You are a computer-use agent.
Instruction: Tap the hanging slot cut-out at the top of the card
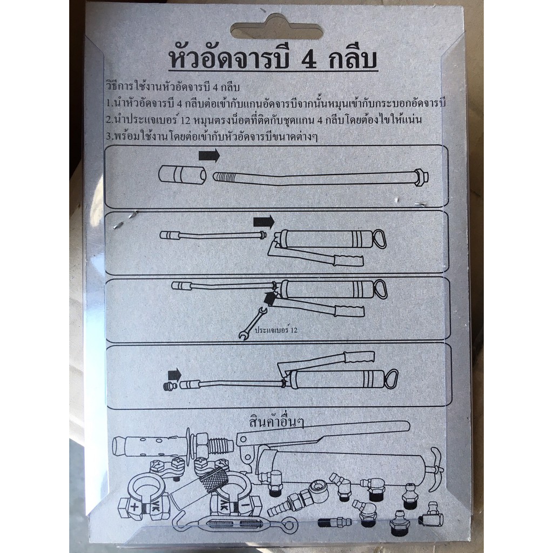click(x=277, y=28)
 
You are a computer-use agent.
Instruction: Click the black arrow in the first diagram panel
click(x=209, y=156)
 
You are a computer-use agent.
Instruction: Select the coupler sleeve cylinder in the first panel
click(x=183, y=175)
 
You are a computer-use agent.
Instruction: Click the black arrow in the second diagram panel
click(x=264, y=222)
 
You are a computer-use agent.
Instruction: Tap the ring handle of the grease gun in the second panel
click(x=379, y=239)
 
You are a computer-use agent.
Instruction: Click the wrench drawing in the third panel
click(x=253, y=323)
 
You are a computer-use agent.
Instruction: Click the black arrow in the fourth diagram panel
click(x=174, y=375)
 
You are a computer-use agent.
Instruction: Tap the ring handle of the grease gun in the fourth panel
click(x=391, y=379)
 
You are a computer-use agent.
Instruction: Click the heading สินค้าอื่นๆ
click(x=276, y=422)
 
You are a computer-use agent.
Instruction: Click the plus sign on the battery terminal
click(x=134, y=507)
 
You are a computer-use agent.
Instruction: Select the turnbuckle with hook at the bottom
click(x=234, y=525)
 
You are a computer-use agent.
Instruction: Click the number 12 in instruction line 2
click(x=185, y=120)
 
